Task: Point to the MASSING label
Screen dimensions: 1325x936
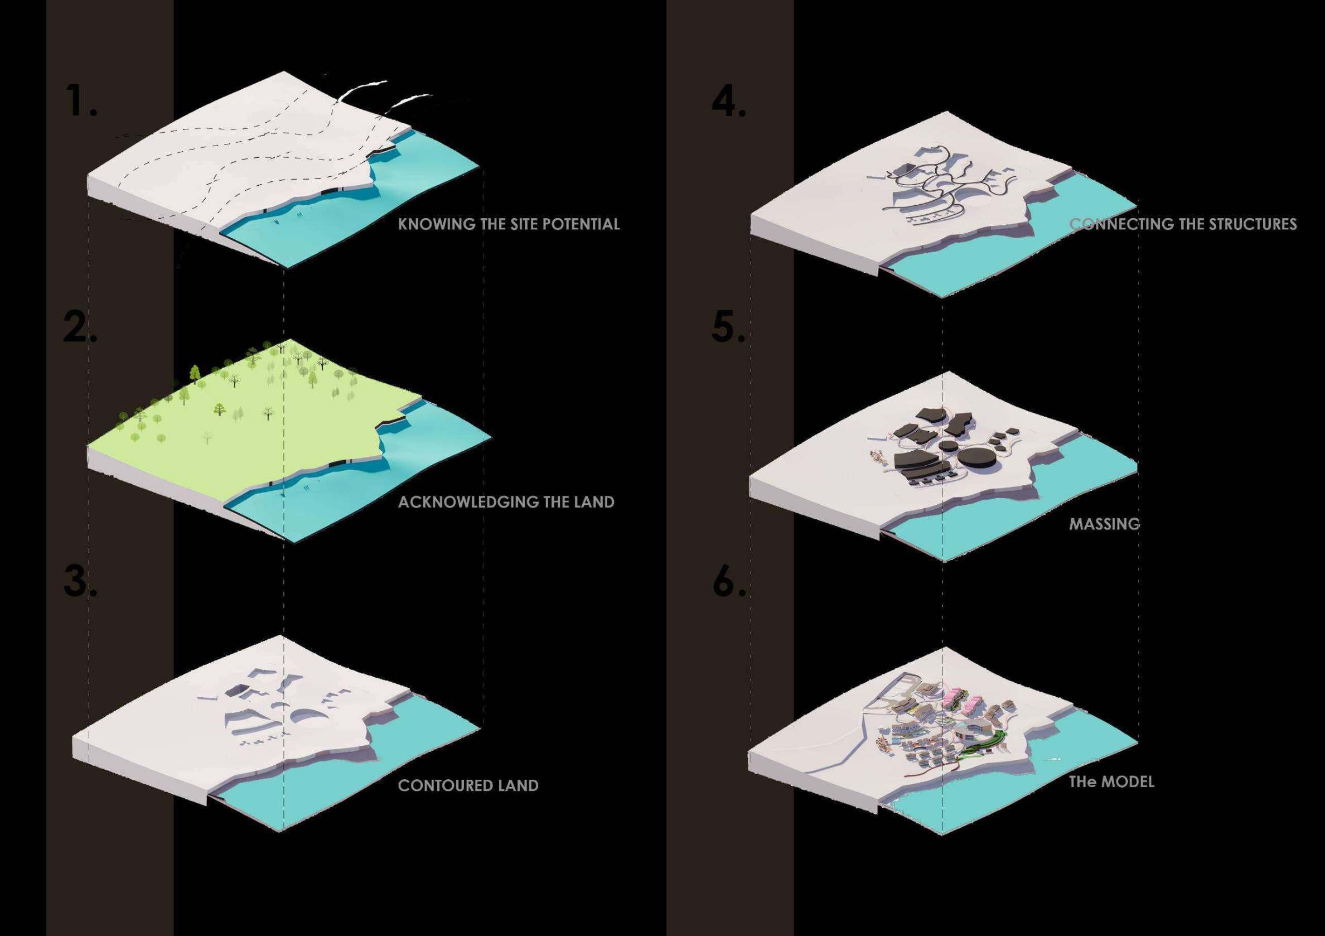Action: [1105, 524]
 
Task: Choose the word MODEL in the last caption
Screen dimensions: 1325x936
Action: [1128, 782]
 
